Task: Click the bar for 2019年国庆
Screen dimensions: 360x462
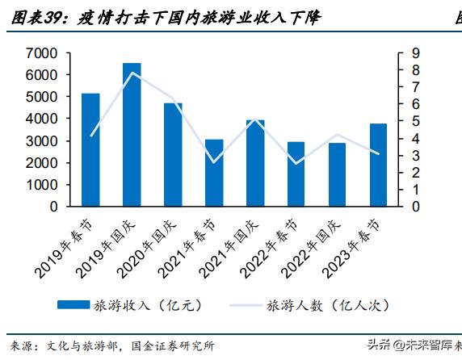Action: click(132, 135)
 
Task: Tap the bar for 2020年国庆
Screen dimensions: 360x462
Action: click(173, 155)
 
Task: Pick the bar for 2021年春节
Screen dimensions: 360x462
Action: click(214, 173)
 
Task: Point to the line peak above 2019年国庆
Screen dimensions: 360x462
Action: click(132, 73)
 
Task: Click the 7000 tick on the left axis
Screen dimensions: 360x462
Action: click(41, 53)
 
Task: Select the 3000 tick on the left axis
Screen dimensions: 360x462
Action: click(41, 141)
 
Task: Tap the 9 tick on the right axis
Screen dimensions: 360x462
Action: click(414, 53)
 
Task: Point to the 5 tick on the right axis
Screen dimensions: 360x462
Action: click(414, 122)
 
